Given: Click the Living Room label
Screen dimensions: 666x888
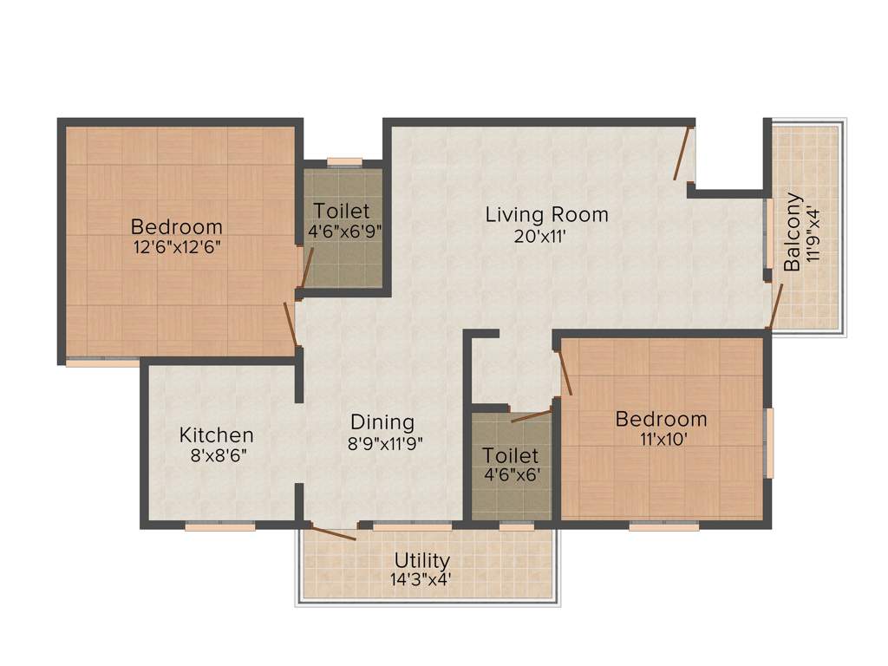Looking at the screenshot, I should pyautogui.click(x=546, y=213).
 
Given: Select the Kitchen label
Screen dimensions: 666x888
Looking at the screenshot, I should pyautogui.click(x=216, y=434).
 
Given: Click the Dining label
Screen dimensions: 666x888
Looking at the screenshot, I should pyautogui.click(x=382, y=422).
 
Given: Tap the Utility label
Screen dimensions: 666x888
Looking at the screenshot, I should pyautogui.click(x=422, y=559).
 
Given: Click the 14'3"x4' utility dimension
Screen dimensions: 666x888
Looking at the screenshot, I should pyautogui.click(x=421, y=578).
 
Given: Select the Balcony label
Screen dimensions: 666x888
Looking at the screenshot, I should pyautogui.click(x=793, y=232).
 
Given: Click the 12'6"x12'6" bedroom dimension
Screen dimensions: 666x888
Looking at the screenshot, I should pyautogui.click(x=176, y=246).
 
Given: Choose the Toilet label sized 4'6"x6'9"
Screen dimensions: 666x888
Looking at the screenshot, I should pyautogui.click(x=342, y=211).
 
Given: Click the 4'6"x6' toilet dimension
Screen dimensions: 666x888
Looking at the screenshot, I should pyautogui.click(x=511, y=475).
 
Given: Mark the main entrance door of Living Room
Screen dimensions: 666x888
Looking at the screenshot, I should pyautogui.click(x=683, y=153).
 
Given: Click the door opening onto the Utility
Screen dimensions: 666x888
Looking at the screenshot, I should pyautogui.click(x=333, y=532).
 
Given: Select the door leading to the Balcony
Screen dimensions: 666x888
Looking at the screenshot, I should pyautogui.click(x=776, y=305).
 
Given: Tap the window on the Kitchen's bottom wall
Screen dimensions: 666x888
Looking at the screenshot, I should pyautogui.click(x=219, y=525).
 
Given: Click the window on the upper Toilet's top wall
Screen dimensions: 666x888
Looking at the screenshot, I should pyautogui.click(x=344, y=161).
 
